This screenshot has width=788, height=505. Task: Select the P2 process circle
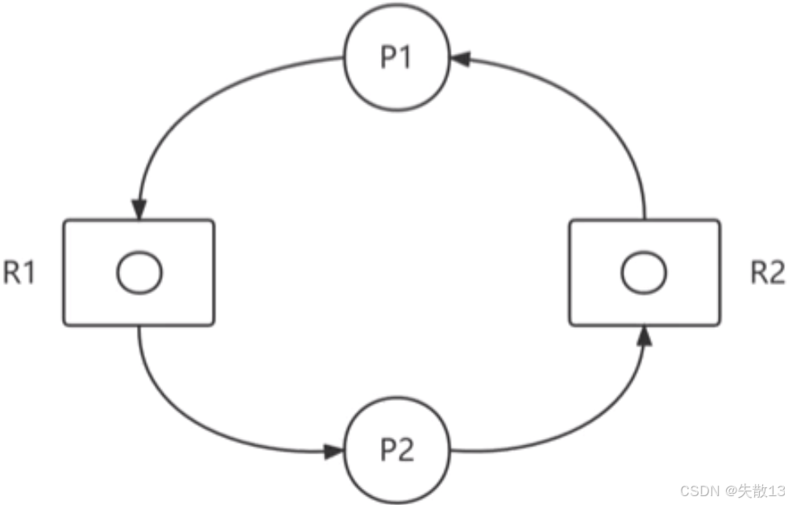click(398, 450)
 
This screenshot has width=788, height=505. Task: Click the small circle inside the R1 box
click(139, 273)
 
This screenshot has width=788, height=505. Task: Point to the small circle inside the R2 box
click(644, 273)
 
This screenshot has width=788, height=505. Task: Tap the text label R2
click(766, 273)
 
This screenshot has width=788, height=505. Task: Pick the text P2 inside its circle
click(398, 450)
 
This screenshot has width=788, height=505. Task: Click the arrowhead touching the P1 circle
click(459, 59)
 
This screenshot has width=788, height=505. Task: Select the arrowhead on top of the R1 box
click(139, 209)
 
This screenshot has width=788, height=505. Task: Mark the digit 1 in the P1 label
click(409, 61)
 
